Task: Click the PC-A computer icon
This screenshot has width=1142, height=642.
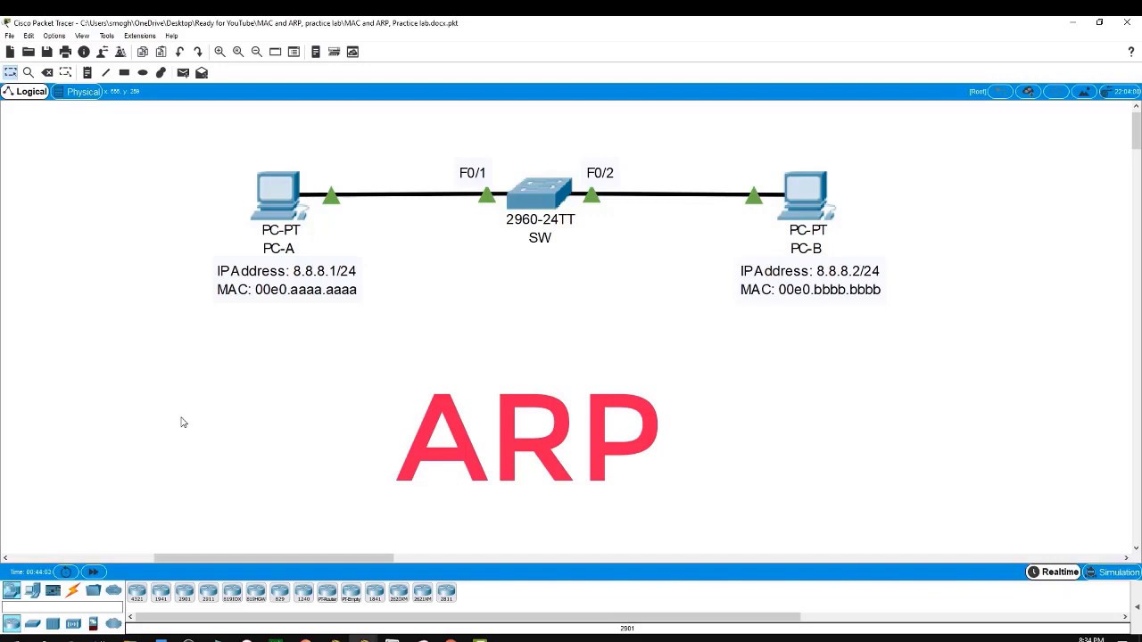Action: [278, 194]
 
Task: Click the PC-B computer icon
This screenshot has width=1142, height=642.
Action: [807, 194]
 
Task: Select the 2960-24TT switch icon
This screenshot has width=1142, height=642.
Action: [539, 193]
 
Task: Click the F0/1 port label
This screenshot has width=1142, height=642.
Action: [472, 173]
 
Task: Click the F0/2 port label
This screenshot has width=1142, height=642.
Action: [600, 173]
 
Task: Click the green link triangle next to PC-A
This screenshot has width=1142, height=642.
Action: [331, 195]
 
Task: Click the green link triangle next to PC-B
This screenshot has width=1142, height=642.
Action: [754, 195]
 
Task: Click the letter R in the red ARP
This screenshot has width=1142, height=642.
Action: [530, 438]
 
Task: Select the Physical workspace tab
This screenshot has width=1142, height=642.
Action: [83, 92]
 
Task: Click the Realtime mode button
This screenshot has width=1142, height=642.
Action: [1054, 572]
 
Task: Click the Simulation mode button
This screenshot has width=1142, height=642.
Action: [1113, 572]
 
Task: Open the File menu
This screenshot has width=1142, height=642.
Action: [10, 36]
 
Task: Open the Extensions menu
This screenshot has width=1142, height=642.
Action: [139, 36]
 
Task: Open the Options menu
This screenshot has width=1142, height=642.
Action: [54, 36]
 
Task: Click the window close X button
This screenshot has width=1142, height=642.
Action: [1127, 22]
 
